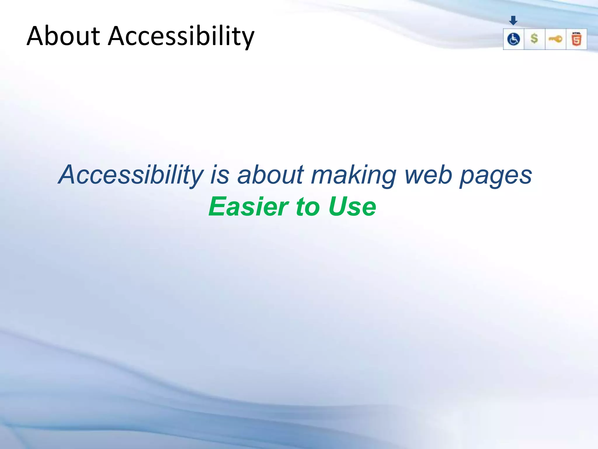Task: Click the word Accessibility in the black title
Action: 181,37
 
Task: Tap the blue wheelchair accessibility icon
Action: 513,39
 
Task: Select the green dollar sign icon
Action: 534,39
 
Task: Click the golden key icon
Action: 555,39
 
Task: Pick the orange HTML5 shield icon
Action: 576,39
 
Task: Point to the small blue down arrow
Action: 513,20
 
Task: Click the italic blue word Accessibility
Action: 131,175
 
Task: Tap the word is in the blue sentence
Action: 220,175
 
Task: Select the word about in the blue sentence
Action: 270,175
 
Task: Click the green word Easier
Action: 249,207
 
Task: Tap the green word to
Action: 308,207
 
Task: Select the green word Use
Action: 352,207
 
